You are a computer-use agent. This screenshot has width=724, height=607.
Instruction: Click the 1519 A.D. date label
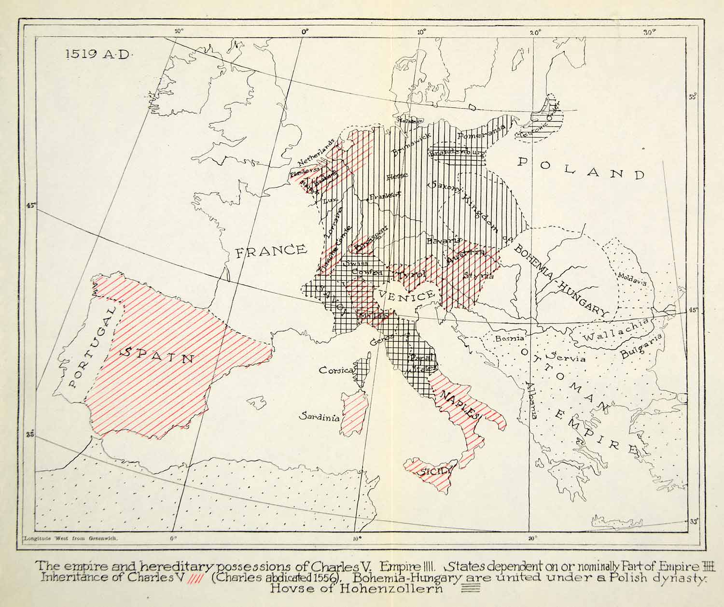tap(98, 54)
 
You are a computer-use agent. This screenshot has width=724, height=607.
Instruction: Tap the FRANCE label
tap(270, 250)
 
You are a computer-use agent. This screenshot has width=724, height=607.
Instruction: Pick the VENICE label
tap(407, 295)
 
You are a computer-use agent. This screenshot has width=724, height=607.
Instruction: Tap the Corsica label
tap(337, 370)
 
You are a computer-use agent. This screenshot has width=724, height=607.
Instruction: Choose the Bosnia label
tap(510, 339)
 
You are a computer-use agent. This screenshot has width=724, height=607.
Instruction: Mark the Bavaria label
tap(444, 240)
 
